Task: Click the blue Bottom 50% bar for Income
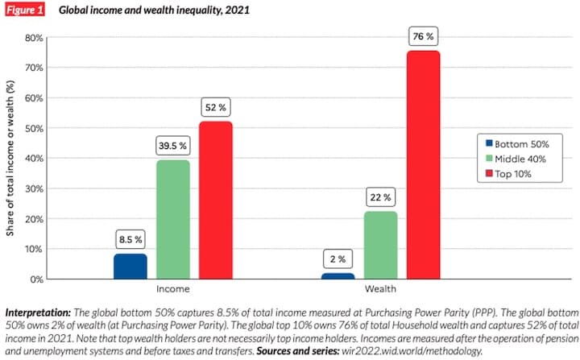130,267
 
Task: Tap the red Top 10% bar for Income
215,201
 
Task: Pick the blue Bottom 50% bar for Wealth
338,276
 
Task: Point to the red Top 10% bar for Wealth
423,165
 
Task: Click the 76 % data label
424,36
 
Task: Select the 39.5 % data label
172,146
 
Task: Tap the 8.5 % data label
130,239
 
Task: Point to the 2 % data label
338,259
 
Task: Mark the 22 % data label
380,197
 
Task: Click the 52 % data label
215,108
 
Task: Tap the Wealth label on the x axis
380,288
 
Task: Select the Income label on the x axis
172,288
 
